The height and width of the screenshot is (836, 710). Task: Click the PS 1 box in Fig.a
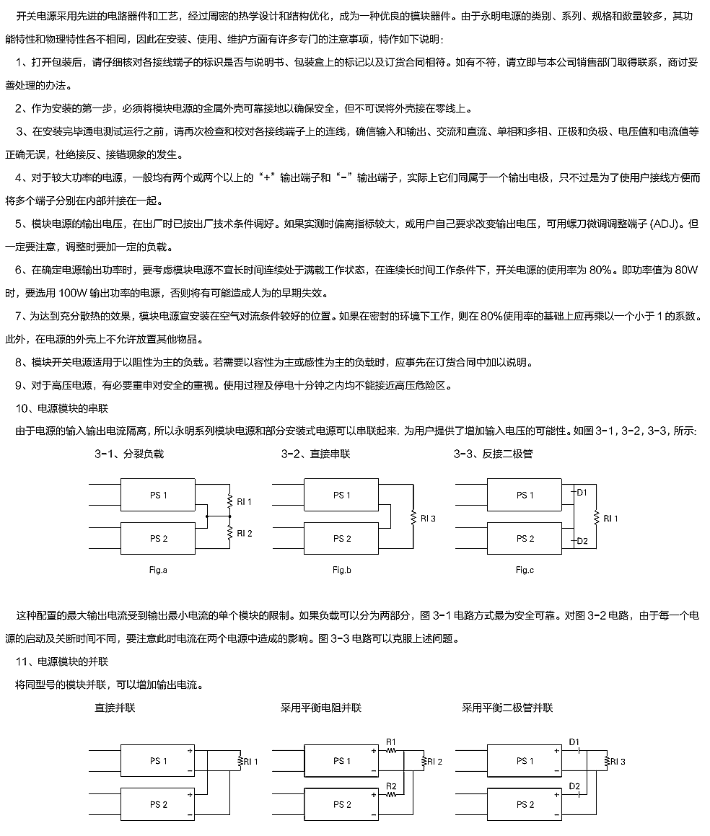tap(158, 495)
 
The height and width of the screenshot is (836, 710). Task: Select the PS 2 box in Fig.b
tap(341, 539)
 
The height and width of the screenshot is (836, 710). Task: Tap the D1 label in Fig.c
tap(582, 492)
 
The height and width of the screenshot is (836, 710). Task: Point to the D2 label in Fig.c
tap(582, 541)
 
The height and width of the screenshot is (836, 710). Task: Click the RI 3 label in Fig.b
tap(427, 518)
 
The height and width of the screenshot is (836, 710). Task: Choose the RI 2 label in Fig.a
tap(245, 533)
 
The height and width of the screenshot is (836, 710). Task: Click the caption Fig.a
tap(158, 570)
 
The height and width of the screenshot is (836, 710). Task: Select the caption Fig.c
tap(525, 570)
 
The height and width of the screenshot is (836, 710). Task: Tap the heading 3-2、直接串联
tap(315, 454)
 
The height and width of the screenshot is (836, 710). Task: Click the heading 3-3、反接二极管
tap(493, 454)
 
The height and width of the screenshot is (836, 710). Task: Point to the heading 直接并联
tap(115, 708)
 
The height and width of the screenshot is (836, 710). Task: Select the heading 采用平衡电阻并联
tap(320, 708)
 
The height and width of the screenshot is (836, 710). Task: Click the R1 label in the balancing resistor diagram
tap(391, 741)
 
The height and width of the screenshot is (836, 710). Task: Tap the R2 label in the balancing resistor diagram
tap(391, 786)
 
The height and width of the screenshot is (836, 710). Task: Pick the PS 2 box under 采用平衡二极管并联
tap(525, 804)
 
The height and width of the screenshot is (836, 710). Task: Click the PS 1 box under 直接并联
tap(158, 761)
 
